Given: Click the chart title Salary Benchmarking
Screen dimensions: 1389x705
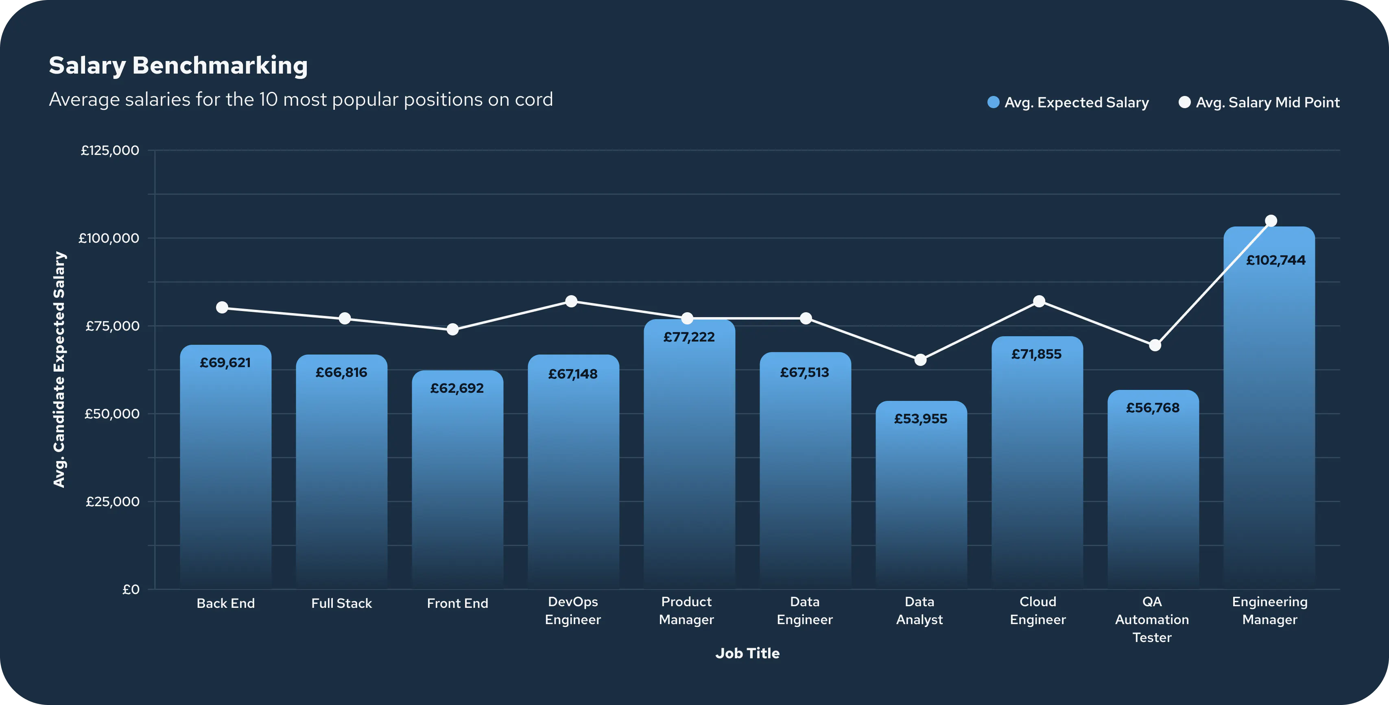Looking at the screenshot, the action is point(178,66).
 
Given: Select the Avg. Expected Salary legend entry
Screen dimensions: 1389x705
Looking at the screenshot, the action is point(1068,102).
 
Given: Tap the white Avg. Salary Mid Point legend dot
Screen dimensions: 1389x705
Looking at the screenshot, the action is point(1185,102).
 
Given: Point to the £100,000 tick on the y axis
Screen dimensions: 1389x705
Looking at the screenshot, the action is point(109,238).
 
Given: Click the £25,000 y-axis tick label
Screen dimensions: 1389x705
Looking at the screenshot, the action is point(112,502).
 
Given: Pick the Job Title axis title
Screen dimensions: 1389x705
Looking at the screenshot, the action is point(747,653).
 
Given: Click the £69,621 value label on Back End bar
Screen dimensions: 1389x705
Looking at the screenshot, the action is point(225,363).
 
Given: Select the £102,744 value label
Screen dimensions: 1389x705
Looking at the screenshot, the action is point(1276,260).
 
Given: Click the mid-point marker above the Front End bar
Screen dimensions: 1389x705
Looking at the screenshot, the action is point(452,329).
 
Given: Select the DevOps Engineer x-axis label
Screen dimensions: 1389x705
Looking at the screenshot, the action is point(572,611).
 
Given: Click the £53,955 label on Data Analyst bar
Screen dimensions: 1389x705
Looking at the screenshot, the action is point(920,419).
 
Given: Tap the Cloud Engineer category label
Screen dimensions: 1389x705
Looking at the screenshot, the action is point(1037,611).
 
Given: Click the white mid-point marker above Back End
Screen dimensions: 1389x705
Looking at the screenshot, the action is point(222,307).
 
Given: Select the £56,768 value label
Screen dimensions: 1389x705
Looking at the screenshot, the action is point(1153,408).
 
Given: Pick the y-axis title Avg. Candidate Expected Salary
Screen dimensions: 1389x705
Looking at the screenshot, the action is point(59,370).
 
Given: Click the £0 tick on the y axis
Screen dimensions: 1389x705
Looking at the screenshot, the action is point(131,590).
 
